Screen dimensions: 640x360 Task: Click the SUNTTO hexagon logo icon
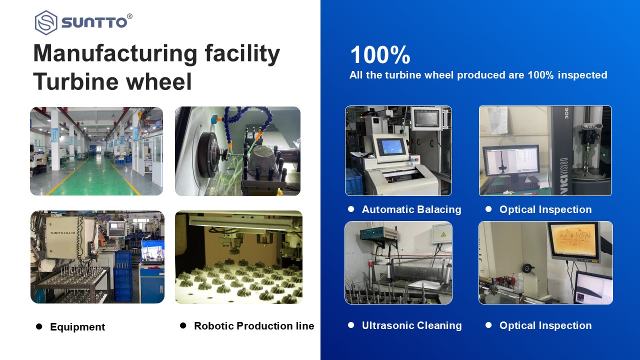tap(46, 22)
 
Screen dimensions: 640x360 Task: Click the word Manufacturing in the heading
tap(115, 53)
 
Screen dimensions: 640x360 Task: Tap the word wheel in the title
tap(159, 81)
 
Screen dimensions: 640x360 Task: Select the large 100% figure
tap(380, 55)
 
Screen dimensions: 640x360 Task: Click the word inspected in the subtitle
tap(582, 75)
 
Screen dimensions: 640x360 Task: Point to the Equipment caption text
tap(77, 327)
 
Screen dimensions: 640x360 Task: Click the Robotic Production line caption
tap(254, 325)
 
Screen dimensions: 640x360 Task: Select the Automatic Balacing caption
tap(411, 209)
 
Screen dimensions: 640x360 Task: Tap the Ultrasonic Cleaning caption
tap(411, 325)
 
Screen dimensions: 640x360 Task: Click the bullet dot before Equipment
tap(39, 326)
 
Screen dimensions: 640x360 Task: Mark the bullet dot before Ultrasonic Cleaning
tap(351, 325)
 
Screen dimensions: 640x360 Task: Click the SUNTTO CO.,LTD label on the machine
tap(63, 233)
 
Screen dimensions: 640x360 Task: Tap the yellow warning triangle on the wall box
tap(443, 234)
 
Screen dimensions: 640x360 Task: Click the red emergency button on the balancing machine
tap(416, 159)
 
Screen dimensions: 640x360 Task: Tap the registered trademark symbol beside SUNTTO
tap(129, 16)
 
